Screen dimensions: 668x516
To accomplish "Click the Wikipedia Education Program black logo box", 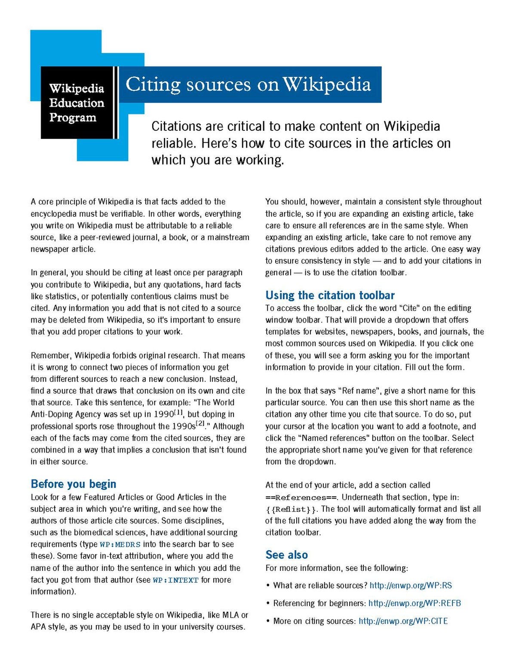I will pos(77,102).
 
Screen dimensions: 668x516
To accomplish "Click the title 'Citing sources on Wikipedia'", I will pos(248,84).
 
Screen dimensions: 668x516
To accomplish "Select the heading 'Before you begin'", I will pos(74,484).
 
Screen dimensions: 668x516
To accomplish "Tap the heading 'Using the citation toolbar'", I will pos(330,295).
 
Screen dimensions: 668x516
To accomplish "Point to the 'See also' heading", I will pos(286,554).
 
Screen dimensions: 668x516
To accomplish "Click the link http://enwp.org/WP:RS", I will pos(411,585).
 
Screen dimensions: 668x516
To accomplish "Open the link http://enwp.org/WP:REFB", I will pos(415,603).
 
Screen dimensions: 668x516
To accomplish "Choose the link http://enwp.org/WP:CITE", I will pos(403,621).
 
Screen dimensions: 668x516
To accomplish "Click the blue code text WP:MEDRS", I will pos(120,545).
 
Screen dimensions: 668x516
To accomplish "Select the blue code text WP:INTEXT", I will pos(175,580).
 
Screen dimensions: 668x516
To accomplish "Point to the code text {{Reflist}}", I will pos(291,509).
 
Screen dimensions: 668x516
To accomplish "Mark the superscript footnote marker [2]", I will pos(200,424).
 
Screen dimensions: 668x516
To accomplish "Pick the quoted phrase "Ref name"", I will pos(359,391).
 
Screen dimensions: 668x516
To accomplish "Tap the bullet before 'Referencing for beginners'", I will pos(268,603).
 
